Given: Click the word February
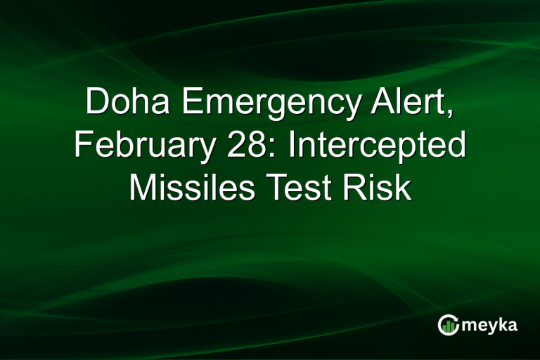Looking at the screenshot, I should click(144, 146).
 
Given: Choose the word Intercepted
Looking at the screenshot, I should click(375, 146).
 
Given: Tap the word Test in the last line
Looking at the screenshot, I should click(313, 189).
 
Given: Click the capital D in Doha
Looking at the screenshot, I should click(96, 103).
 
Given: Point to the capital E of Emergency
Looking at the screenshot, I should click(191, 103).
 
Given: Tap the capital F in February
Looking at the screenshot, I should click(82, 146).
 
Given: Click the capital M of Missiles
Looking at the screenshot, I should click(142, 189).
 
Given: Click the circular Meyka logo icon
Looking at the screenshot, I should click(449, 324).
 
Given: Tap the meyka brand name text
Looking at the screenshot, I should click(490, 325).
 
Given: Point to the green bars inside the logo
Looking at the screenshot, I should click(449, 326).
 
